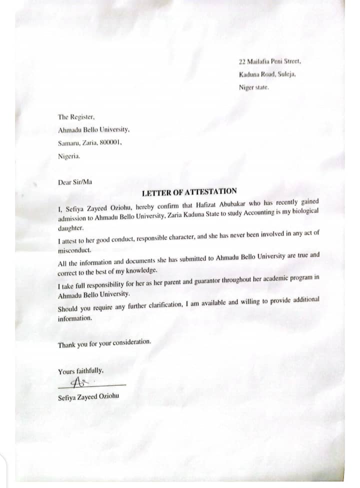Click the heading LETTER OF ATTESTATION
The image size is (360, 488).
pyautogui.click(x=189, y=191)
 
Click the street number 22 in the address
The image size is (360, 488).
pyautogui.click(x=242, y=61)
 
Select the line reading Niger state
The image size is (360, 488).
pyautogui.click(x=253, y=86)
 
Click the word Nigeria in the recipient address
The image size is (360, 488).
pyautogui.click(x=69, y=155)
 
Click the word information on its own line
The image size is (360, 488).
pyautogui.click(x=75, y=318)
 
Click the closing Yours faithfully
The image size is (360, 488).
pyautogui.click(x=81, y=371)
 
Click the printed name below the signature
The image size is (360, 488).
pyautogui.click(x=89, y=398)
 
